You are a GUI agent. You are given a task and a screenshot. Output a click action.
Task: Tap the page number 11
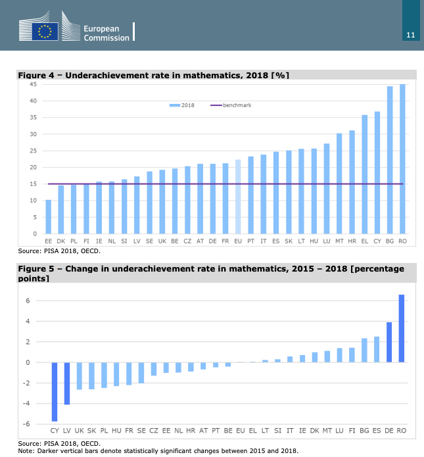point(410,35)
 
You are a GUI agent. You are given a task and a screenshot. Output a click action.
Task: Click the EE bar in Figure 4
point(48,217)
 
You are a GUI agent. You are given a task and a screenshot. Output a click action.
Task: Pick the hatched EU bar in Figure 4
point(238,197)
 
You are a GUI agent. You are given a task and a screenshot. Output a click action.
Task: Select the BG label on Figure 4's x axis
point(390,241)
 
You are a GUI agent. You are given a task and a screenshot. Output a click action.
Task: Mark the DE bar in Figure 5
point(389,342)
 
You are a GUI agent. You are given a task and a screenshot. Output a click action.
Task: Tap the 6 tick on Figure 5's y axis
point(29,301)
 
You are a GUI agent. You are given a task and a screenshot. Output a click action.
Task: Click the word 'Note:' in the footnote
point(26,450)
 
